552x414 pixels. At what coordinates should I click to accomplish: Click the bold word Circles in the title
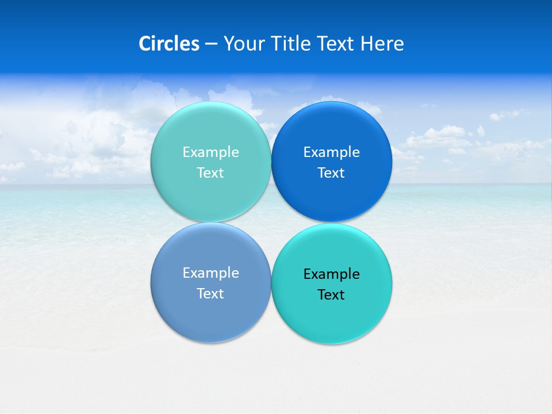click(169, 44)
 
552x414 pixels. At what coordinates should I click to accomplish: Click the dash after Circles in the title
click(211, 44)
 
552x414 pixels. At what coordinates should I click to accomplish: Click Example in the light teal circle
click(210, 152)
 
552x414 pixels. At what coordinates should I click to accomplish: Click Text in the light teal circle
click(210, 173)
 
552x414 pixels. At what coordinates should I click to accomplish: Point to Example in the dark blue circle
click(332, 152)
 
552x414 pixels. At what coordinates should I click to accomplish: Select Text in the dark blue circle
click(332, 173)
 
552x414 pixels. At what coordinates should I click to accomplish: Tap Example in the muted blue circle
click(210, 273)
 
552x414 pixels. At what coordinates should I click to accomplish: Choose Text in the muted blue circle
click(210, 294)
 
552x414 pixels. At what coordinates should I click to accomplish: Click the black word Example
click(332, 274)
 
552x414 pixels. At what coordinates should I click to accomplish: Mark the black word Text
click(332, 295)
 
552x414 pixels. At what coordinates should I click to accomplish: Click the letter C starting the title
click(145, 44)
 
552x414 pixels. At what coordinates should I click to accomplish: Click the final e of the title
click(400, 45)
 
